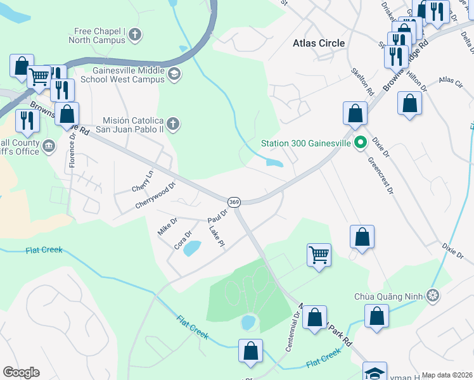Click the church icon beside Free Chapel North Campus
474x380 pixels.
pos(134,35)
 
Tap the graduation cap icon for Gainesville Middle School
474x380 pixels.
pos(174,75)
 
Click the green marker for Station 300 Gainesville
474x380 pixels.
pos(361,143)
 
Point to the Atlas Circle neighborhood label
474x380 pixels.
pos(319,43)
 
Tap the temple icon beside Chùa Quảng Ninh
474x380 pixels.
pos(433,296)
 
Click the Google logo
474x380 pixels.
pos(21,372)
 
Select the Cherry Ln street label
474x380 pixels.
pos(143,181)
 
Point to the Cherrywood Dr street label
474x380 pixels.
pos(155,196)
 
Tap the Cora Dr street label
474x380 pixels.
pos(183,239)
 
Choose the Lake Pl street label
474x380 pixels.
pos(216,237)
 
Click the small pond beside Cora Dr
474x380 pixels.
pos(192,248)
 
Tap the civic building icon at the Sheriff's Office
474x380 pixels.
pos(48,147)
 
